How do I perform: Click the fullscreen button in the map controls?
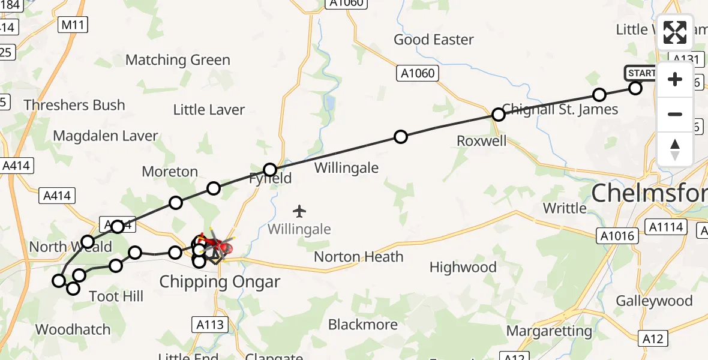click(x=675, y=32)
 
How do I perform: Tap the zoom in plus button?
click(x=675, y=79)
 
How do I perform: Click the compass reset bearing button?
click(x=675, y=149)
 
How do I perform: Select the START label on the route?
click(x=641, y=73)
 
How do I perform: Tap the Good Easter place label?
click(x=433, y=40)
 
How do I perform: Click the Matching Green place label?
click(x=178, y=60)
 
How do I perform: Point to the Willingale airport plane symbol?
click(x=299, y=211)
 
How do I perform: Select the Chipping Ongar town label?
click(x=220, y=282)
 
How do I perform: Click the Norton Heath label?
click(x=359, y=257)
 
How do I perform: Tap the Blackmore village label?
click(x=362, y=325)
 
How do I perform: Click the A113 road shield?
click(x=210, y=325)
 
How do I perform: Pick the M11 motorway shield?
click(x=74, y=25)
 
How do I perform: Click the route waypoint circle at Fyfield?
click(x=270, y=170)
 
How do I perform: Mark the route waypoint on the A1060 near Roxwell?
click(x=498, y=115)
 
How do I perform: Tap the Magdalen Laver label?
click(x=105, y=136)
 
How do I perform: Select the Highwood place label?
click(x=463, y=267)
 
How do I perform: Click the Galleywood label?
click(x=654, y=301)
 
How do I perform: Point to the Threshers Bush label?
click(x=74, y=105)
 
